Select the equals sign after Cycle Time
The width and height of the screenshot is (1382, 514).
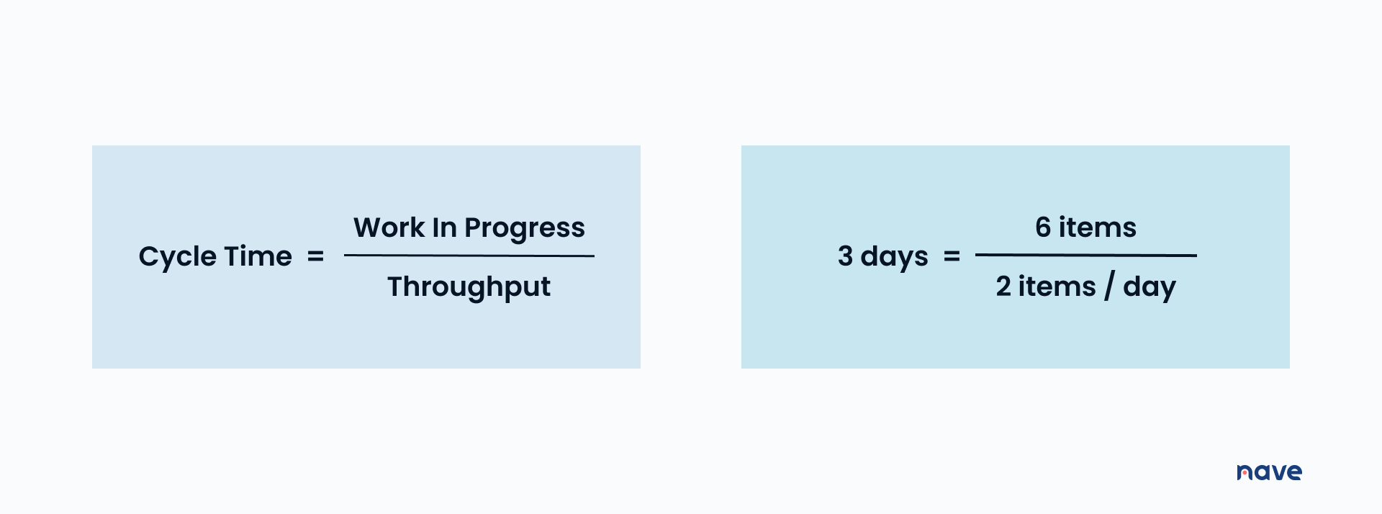coord(316,256)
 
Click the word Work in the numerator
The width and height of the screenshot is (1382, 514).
coord(389,227)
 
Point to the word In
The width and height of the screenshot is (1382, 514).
coord(444,227)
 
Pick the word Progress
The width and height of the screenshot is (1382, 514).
coord(525,229)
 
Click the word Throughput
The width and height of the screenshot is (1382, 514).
coord(469,287)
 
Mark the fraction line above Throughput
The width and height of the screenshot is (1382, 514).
coord(469,256)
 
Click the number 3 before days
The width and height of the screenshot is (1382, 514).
coord(845,256)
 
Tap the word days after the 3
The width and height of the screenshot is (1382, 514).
coord(894,258)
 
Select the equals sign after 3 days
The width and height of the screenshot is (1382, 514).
coord(952,256)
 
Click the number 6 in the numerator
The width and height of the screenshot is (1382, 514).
coord(1043,227)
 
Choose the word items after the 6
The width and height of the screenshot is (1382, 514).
coord(1098,227)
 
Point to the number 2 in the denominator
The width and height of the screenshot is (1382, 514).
coord(1003,287)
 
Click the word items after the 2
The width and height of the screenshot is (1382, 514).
coord(1057,287)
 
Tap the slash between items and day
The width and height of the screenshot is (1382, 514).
coord(1109,287)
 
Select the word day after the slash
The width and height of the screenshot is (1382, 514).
coord(1150,288)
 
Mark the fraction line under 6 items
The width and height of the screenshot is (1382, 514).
coord(1086,255)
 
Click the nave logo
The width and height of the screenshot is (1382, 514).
coord(1270,472)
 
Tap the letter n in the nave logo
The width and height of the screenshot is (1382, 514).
coord(1245,473)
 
